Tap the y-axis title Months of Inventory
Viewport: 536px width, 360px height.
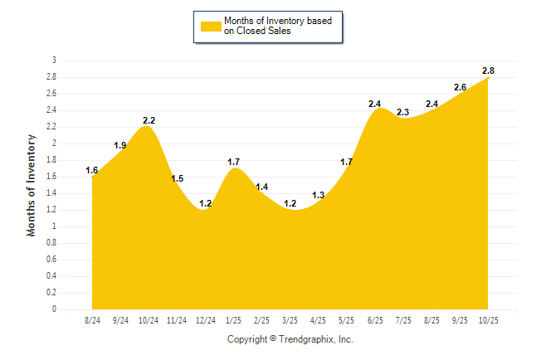[32, 184]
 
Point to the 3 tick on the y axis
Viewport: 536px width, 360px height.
[54, 61]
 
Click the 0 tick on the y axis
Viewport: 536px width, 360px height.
[54, 309]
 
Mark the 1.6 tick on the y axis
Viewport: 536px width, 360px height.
[51, 177]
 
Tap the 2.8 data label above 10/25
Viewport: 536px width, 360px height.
[489, 69]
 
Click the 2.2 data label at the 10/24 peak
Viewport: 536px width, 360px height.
[149, 120]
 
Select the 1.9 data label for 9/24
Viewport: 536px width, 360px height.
[120, 145]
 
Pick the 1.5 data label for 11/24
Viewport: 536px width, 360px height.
[178, 178]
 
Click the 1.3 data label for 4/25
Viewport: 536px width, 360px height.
[319, 195]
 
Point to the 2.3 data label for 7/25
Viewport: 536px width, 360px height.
[403, 112]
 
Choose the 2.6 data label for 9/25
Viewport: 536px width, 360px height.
[460, 87]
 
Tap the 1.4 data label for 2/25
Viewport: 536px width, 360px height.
[262, 187]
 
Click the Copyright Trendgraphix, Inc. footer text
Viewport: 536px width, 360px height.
[290, 339]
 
